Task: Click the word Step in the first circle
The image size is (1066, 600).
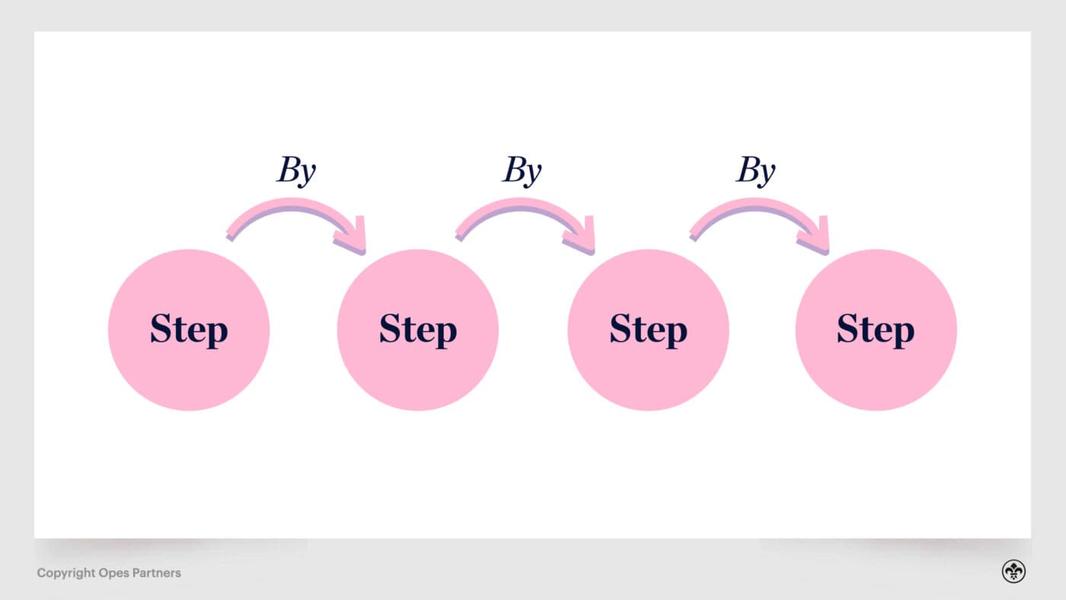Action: [x=189, y=330]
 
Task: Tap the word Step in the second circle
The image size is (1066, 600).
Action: [x=418, y=330]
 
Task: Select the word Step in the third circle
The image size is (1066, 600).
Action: [x=648, y=330]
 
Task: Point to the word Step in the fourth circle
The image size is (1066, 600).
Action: [x=876, y=330]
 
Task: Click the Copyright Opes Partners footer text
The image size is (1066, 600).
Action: [x=109, y=573]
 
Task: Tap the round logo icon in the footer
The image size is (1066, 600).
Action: [x=1013, y=572]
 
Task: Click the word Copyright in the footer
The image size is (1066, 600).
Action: [x=65, y=573]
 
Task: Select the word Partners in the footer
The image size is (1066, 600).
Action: [x=155, y=573]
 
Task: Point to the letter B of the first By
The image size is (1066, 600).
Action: [x=287, y=170]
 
